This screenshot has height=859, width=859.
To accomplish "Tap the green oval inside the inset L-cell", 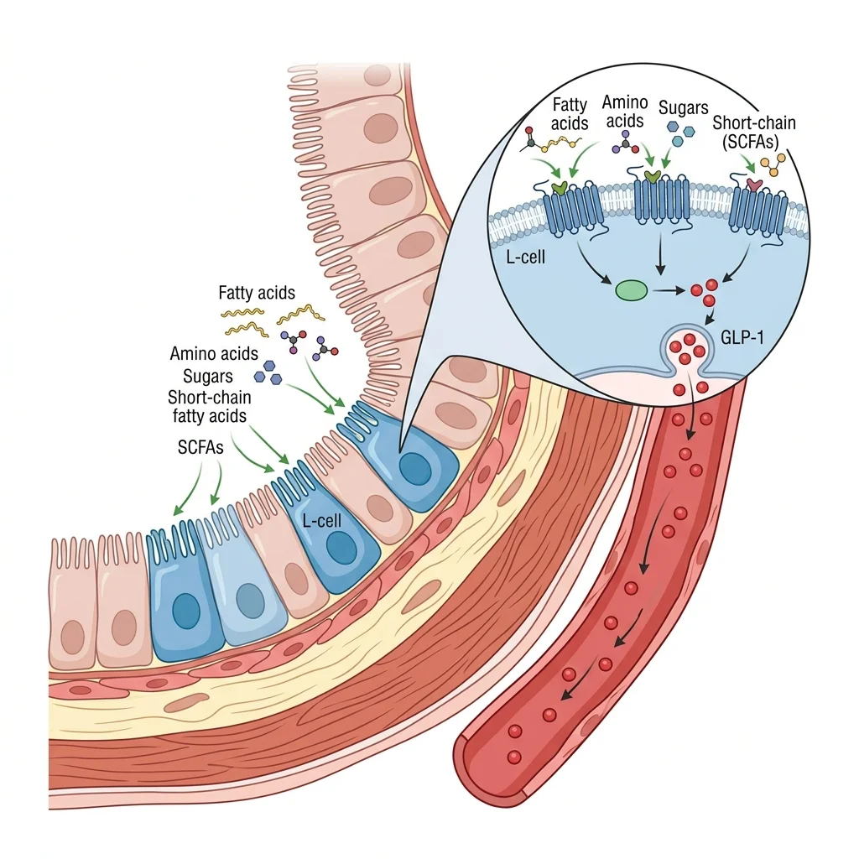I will (x=631, y=291).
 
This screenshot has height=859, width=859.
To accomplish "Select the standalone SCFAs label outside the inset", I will (x=200, y=448).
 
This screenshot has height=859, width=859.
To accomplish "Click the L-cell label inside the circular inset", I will (x=526, y=257).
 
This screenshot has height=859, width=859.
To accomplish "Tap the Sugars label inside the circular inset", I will (x=683, y=109).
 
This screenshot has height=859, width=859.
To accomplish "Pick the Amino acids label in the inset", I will (x=625, y=112).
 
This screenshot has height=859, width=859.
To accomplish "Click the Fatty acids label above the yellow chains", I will (x=257, y=294).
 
